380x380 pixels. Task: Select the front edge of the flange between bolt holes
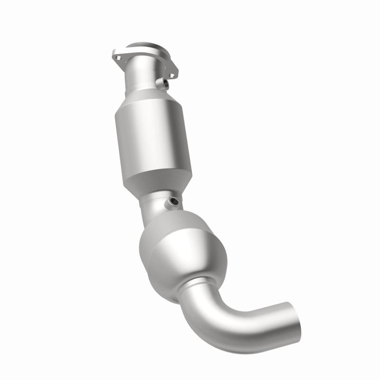142,66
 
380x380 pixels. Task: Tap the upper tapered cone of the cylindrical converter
147,102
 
